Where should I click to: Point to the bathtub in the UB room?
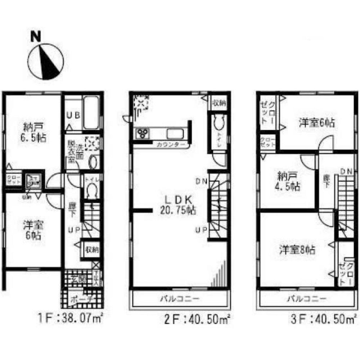coord(91,113)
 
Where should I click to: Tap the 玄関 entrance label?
coord(78,278)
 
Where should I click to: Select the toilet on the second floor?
coord(218,126)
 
